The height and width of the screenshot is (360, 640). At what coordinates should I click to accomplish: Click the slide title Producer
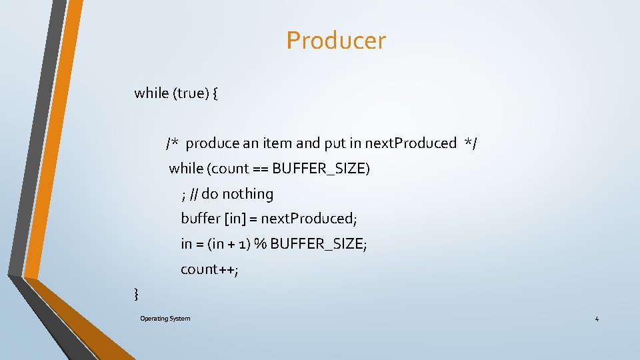[x=336, y=41]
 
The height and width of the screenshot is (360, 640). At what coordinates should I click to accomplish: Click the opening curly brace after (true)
[x=215, y=93]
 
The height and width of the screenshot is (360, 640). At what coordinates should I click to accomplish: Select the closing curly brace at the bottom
[x=137, y=293]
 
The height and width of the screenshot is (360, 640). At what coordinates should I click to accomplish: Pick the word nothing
[x=247, y=194]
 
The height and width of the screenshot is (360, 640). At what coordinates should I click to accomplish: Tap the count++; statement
[x=209, y=269]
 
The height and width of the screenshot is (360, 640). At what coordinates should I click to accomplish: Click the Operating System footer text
[x=165, y=319]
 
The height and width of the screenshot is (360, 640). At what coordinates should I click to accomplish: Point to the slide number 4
[x=597, y=319]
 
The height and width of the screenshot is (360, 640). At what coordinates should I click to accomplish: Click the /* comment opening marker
[x=173, y=143]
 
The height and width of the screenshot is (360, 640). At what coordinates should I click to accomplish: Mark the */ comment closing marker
[x=471, y=143]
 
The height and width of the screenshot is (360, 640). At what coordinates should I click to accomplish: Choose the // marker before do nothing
[x=193, y=194]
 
